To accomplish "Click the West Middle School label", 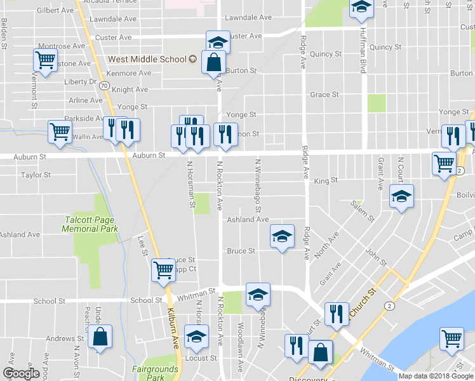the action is pyautogui.click(x=147, y=59).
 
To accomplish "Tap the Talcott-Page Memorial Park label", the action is pyautogui.click(x=91, y=224).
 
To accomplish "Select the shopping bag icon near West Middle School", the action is pyautogui.click(x=213, y=63).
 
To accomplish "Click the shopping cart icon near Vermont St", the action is pyautogui.click(x=45, y=61).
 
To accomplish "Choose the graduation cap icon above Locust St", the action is pyautogui.click(x=196, y=336).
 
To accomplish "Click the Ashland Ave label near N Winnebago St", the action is pyautogui.click(x=248, y=220).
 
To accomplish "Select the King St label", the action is pyautogui.click(x=326, y=181).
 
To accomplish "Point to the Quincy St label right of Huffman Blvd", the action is pyautogui.click(x=385, y=47).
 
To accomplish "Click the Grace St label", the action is pyautogui.click(x=324, y=95).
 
